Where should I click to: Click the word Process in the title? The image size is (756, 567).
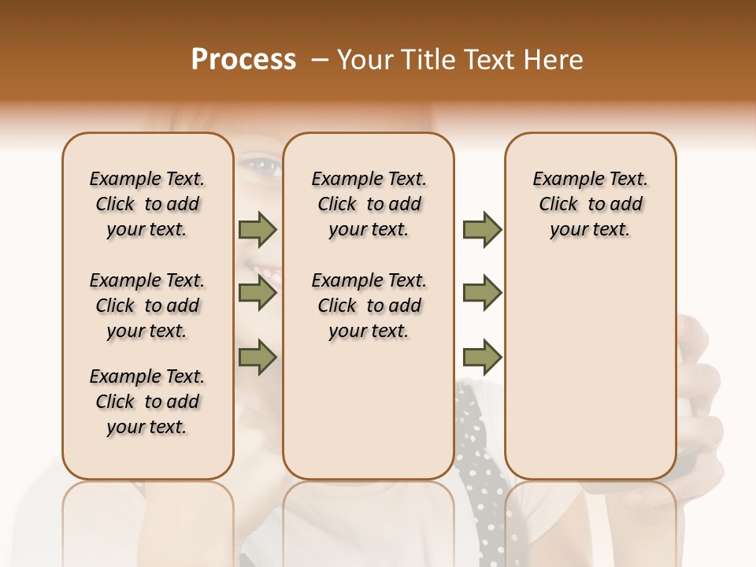pos(243,60)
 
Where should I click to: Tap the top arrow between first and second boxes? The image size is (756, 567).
pos(258,230)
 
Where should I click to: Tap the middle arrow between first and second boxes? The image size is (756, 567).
pos(258,294)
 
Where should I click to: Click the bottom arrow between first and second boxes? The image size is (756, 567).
pos(258,358)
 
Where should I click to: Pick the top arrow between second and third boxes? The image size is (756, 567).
pos(482,230)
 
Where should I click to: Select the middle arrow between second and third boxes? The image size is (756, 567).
pos(482,293)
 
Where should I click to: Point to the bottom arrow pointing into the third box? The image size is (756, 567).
pos(482,358)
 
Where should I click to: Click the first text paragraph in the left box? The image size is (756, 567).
pos(147,204)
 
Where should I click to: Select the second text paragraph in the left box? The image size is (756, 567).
pos(147,306)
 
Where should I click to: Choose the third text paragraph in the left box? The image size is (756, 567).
pos(147,402)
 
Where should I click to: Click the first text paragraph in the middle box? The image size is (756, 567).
pos(369,204)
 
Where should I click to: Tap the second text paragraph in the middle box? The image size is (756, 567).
pos(369,306)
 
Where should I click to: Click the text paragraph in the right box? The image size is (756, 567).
pos(590,204)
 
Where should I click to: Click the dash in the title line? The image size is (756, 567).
pos(320,60)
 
